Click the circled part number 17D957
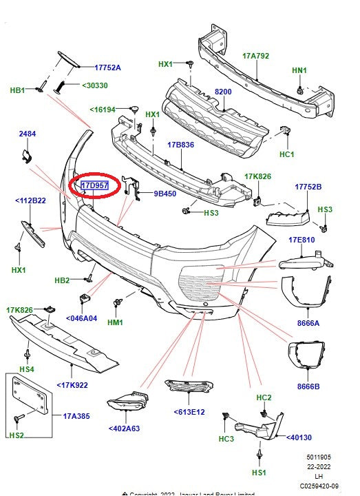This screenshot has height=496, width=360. click(x=95, y=186)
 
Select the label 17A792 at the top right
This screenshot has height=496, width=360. click(x=255, y=55)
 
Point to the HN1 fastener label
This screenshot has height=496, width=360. click(x=300, y=70)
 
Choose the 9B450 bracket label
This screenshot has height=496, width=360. click(x=165, y=194)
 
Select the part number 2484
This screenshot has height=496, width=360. click(x=27, y=133)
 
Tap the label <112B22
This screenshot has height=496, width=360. click(x=30, y=201)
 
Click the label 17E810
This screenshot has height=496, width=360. click(x=302, y=240)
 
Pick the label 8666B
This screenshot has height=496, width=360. click(x=308, y=386)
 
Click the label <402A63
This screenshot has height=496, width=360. click(x=125, y=428)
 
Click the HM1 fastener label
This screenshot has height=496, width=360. click(x=115, y=322)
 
